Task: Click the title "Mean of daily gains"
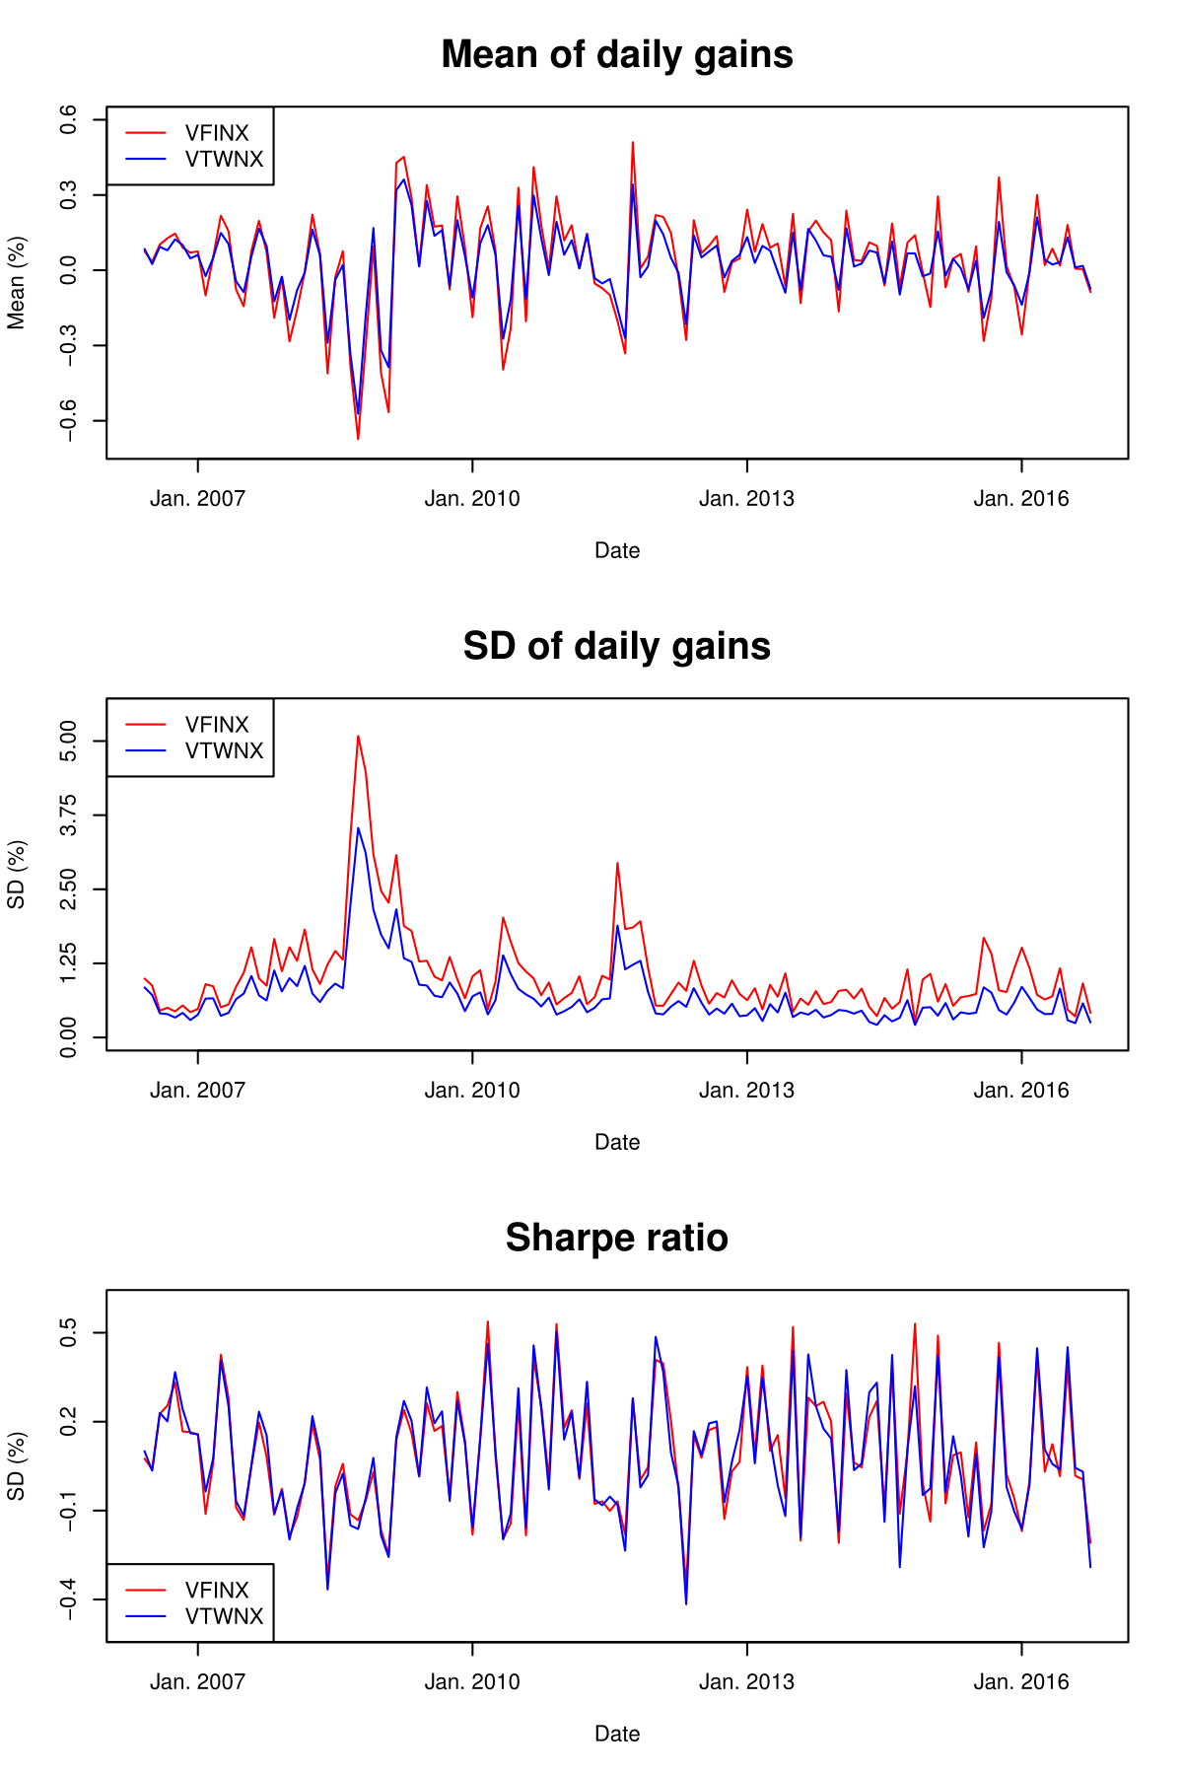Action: [x=617, y=55]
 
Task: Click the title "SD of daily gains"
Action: [x=617, y=647]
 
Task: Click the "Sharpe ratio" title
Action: [x=617, y=1239]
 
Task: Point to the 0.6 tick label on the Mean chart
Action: [x=69, y=120]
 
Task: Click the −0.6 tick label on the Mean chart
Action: [x=69, y=421]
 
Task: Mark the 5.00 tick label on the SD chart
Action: [x=69, y=741]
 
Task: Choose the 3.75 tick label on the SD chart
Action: [x=69, y=815]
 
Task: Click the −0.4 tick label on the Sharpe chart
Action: [x=69, y=1599]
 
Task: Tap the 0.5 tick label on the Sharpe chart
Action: [x=69, y=1333]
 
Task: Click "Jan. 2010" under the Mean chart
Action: [x=472, y=499]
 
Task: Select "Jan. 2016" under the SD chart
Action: [x=1021, y=1091]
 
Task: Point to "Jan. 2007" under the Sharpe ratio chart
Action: [x=197, y=1682]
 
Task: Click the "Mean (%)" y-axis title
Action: [x=17, y=283]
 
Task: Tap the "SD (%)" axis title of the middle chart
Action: [x=17, y=875]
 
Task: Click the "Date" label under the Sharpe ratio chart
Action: [x=617, y=1734]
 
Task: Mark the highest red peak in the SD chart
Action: [x=358, y=736]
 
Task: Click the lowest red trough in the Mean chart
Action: [x=358, y=439]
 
